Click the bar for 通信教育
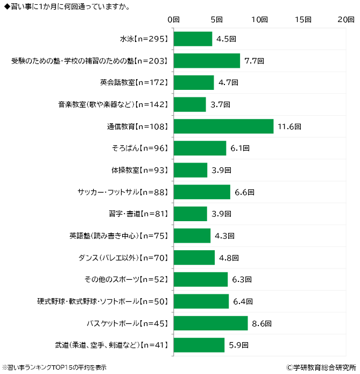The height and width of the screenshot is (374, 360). (223, 126)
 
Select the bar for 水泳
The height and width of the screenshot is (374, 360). (193, 39)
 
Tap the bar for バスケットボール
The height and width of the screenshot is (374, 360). (210, 323)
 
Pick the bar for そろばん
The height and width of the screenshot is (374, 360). (200, 149)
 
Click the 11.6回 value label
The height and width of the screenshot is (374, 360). (289, 127)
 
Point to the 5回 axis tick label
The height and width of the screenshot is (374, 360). (217, 19)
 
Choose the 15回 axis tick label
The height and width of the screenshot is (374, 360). (303, 19)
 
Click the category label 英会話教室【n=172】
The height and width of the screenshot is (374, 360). (135, 83)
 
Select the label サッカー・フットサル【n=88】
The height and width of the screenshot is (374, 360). (124, 192)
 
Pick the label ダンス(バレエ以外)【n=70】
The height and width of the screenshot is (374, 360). (124, 258)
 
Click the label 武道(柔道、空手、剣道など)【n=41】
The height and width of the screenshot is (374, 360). (112, 345)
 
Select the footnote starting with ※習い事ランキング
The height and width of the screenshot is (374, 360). (54, 368)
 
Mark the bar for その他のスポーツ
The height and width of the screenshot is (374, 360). (201, 280)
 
